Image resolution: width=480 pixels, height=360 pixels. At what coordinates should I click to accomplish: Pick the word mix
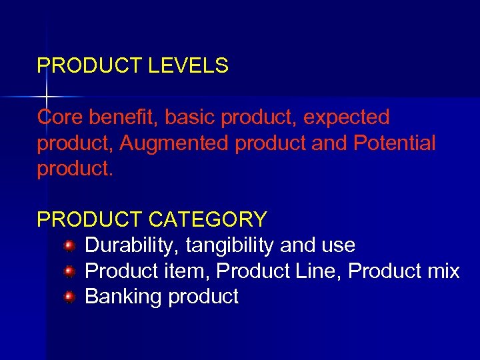pos(443,271)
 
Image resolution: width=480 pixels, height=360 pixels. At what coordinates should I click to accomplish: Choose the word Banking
pos(123,296)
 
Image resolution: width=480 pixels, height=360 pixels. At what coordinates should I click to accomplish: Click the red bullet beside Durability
pos(69,247)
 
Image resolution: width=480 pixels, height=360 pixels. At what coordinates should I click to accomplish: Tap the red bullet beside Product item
pos(69,272)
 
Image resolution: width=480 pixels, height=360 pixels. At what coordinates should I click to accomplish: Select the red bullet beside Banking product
pos(69,297)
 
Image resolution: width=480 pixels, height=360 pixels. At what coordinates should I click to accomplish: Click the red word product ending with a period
pos(75,169)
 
